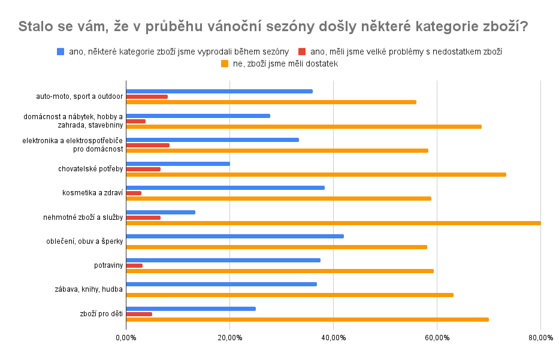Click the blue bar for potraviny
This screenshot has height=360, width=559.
click(x=223, y=260)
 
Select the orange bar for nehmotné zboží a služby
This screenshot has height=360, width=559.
click(x=333, y=223)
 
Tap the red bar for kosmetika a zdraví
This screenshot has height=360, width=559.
click(x=134, y=193)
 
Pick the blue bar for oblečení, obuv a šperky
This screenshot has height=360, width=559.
click(x=235, y=236)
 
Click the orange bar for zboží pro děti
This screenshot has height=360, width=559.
click(x=307, y=319)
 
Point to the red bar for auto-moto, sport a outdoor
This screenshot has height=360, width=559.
click(x=147, y=96)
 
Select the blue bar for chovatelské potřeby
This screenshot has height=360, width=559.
click(x=178, y=164)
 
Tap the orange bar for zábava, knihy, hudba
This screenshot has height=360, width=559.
click(x=289, y=295)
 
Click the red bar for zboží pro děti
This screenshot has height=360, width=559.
click(x=139, y=314)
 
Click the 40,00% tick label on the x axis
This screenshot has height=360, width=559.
click(x=333, y=338)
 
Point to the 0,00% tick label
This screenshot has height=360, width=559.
click(x=126, y=338)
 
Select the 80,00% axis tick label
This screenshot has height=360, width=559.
click(x=540, y=338)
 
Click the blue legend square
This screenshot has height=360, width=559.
click(x=61, y=52)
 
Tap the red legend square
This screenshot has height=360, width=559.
click(x=302, y=52)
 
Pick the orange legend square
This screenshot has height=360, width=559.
click(x=225, y=63)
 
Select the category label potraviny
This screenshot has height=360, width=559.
click(x=108, y=265)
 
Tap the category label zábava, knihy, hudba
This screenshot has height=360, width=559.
click(x=88, y=289)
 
